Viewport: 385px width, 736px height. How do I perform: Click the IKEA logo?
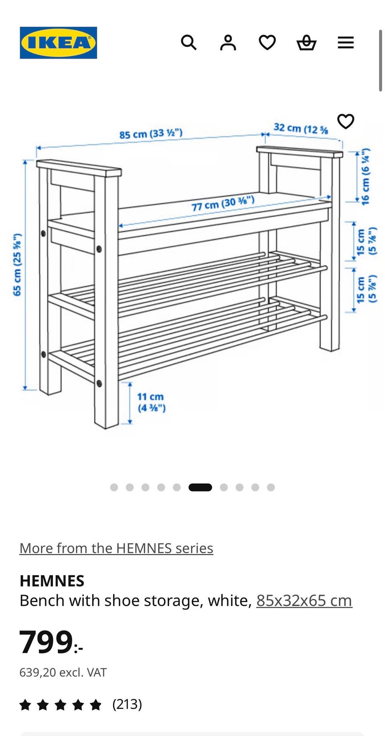pos(59,43)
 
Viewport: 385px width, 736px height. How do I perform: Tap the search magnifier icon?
pos(188,42)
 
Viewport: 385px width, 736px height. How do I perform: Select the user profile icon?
pos(228,42)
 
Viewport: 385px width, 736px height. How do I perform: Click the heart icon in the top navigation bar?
pos(267,42)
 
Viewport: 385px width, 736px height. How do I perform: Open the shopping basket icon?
pos(306,42)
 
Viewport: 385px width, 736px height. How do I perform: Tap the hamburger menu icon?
pos(346,42)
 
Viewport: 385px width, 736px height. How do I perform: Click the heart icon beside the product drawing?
pos(346,121)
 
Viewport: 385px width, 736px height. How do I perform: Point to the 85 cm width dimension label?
pos(151,133)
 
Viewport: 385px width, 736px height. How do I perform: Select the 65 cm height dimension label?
pos(17,265)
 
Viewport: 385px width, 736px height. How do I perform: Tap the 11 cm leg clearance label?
pos(151,402)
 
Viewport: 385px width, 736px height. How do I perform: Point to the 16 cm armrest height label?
pos(365,177)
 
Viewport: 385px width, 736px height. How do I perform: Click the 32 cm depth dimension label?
pos(301,129)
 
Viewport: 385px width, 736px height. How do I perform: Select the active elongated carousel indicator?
pos(200,487)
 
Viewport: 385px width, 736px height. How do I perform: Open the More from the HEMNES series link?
pos(116,548)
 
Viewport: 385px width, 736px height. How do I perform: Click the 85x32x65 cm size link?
pos(304,601)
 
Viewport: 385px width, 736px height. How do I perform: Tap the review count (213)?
pos(127,704)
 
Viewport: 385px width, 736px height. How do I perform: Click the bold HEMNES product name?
pos(52,581)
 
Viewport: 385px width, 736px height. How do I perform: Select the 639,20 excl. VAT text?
pos(63,672)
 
